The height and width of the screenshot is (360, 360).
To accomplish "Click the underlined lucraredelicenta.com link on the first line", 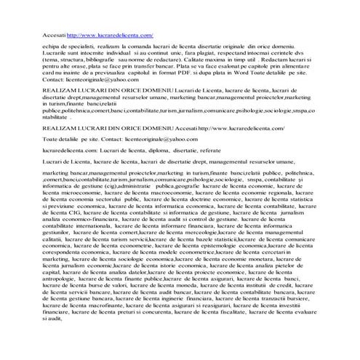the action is tap(109, 34).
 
